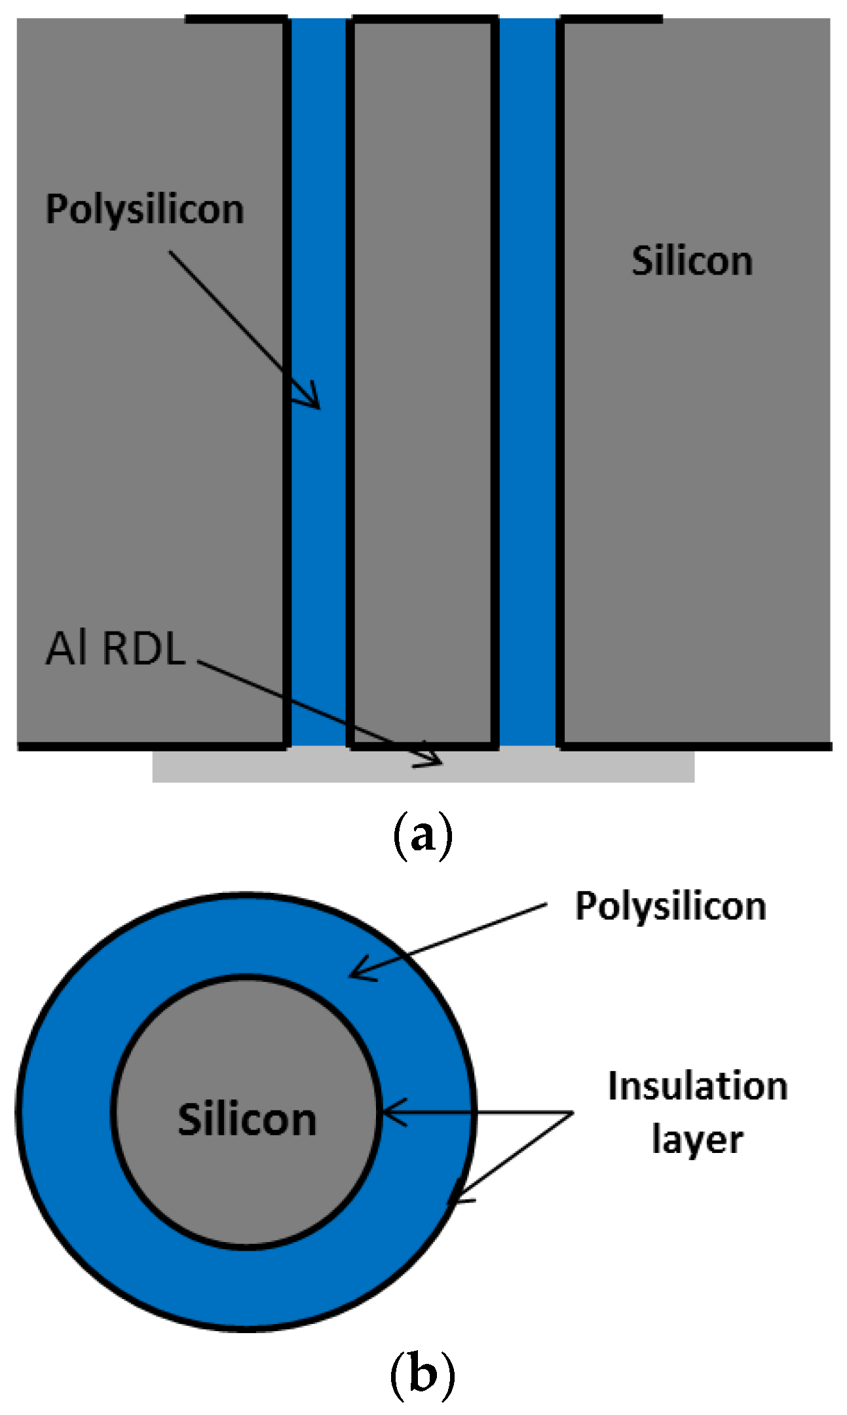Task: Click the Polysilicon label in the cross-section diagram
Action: click(x=145, y=210)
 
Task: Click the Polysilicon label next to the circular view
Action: click(x=670, y=907)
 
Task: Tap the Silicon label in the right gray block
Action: click(x=692, y=261)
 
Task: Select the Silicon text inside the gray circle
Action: click(x=247, y=1119)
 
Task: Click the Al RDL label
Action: click(x=115, y=649)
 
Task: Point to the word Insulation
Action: click(x=698, y=1086)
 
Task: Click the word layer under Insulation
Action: click(x=697, y=1141)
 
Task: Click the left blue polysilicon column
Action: click(x=317, y=524)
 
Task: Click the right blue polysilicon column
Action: click(x=527, y=393)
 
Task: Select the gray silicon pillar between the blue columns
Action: click(x=423, y=393)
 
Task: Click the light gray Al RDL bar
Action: click(x=590, y=766)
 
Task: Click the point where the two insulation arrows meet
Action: click(x=573, y=1112)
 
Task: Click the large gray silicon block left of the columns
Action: click(x=151, y=459)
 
